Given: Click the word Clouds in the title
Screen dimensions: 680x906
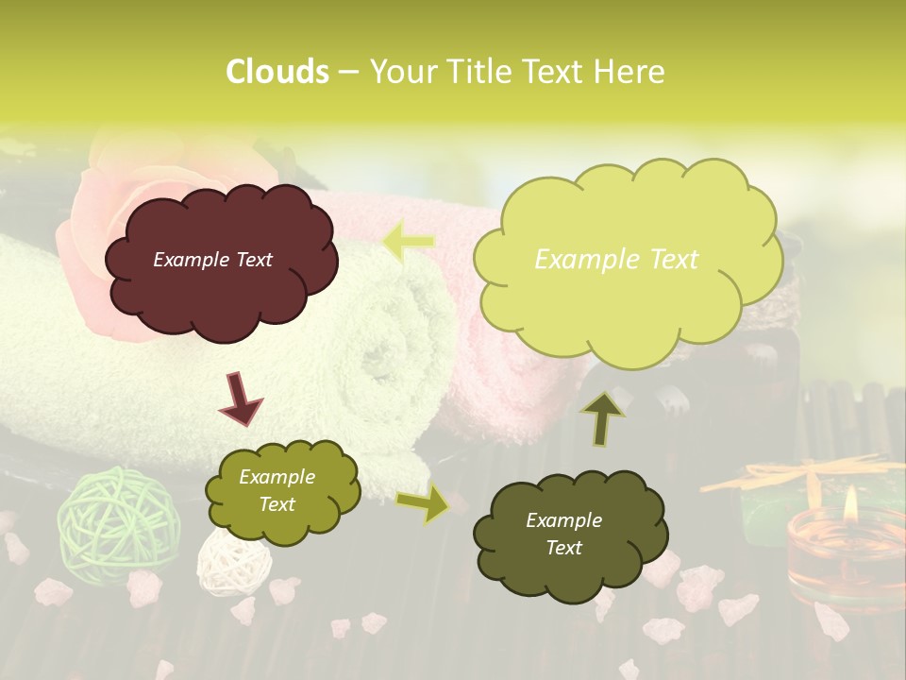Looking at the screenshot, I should click(277, 72).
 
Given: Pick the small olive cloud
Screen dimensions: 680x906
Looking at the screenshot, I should click(282, 491).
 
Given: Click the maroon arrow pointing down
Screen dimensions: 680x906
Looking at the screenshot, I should click(239, 398).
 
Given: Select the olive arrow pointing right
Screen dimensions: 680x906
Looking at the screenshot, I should click(422, 504).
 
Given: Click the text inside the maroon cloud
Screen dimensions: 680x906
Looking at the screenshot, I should click(212, 260).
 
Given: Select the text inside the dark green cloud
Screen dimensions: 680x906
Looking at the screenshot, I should click(563, 534).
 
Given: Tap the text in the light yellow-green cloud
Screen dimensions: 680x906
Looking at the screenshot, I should click(616, 259).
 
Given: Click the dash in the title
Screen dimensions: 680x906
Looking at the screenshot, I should click(347, 72).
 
